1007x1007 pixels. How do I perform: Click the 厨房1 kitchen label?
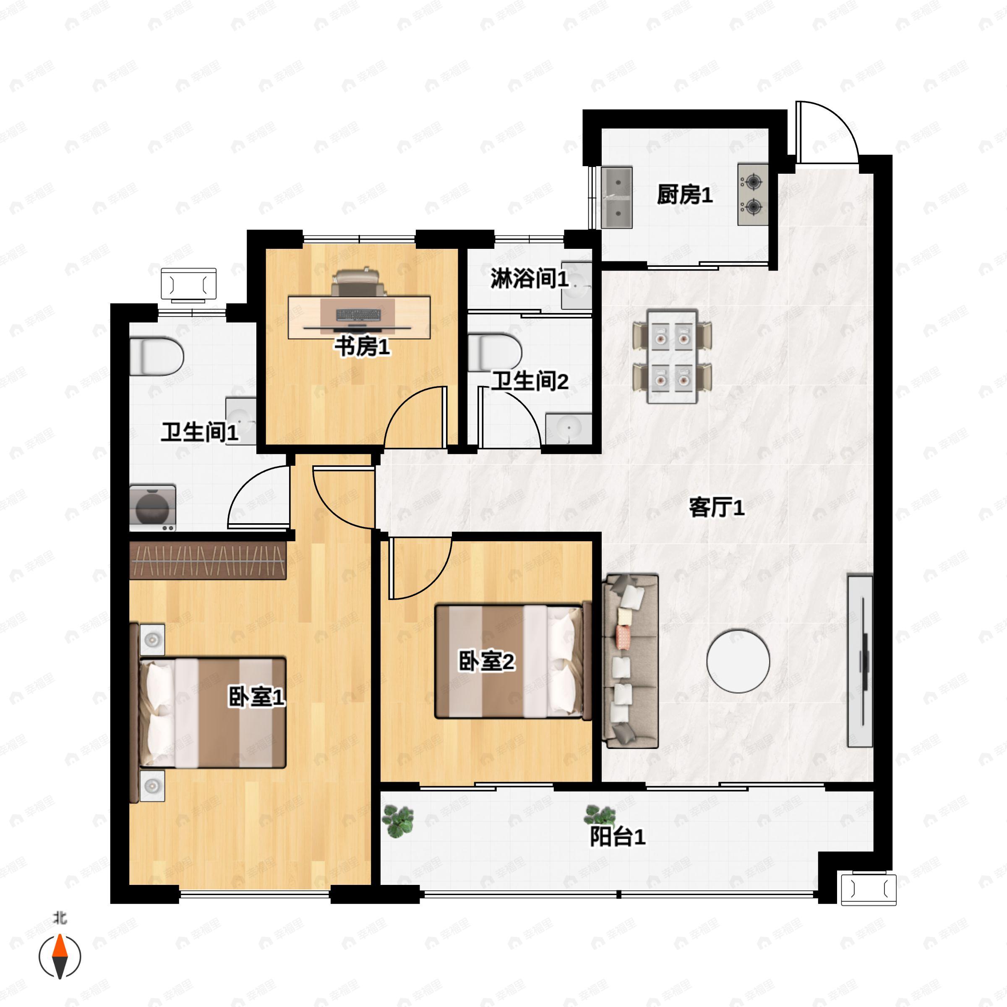tap(684, 195)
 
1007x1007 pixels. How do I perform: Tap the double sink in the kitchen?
tap(617, 198)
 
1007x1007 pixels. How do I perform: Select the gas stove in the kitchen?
tap(753, 195)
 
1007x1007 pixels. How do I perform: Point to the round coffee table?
tap(738, 661)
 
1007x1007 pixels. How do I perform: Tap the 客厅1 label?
tap(717, 507)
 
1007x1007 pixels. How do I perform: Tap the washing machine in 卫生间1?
tap(152, 508)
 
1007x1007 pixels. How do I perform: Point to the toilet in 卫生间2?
tap(494, 352)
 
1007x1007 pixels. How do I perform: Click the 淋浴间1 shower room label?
tap(529, 279)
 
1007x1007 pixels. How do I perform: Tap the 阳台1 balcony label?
tap(618, 837)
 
